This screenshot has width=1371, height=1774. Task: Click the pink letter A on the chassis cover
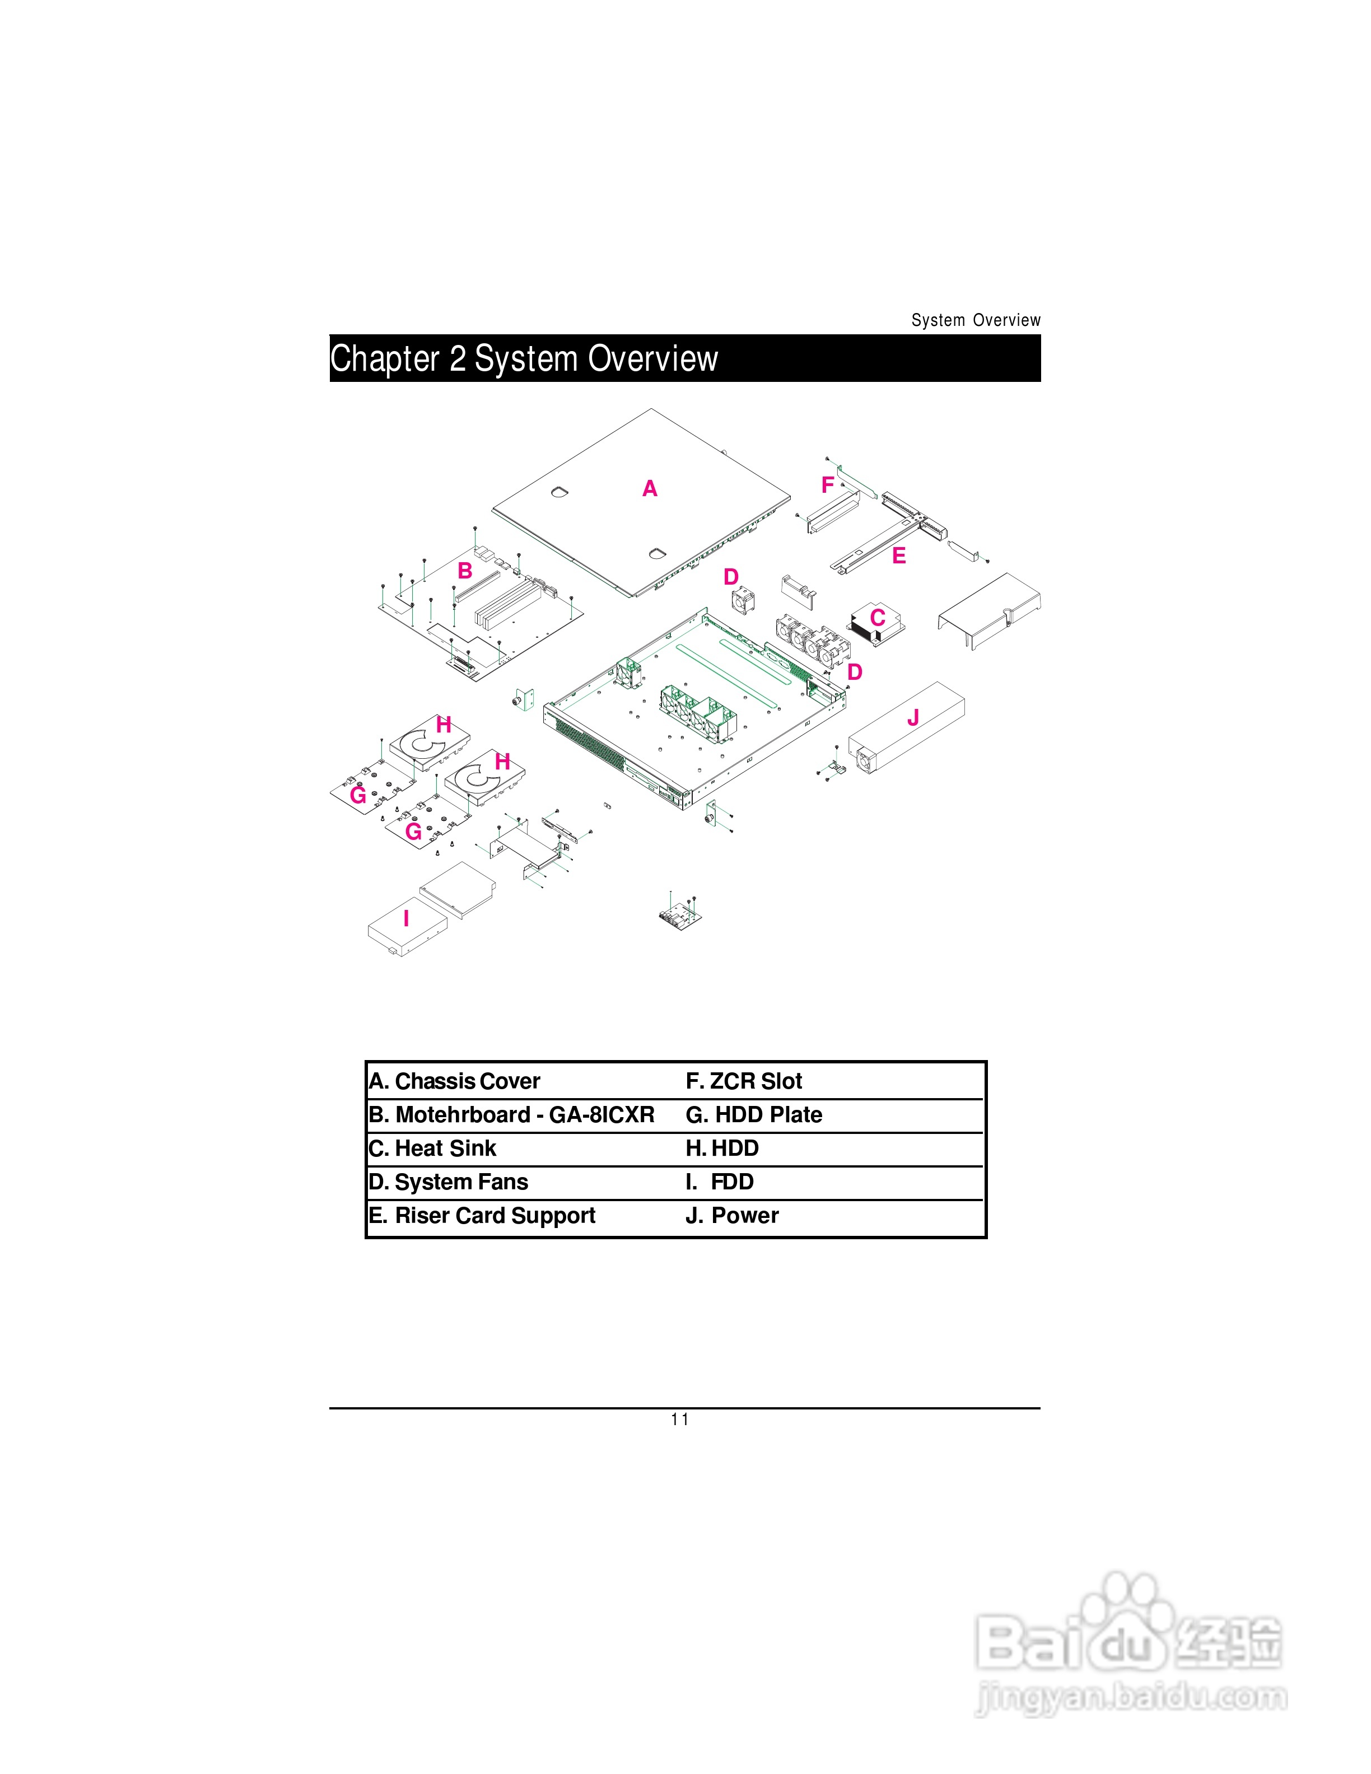tap(650, 488)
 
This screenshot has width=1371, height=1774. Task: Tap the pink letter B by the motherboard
tap(465, 571)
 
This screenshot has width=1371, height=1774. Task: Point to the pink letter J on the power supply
tap(913, 717)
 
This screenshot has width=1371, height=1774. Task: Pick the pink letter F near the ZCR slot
tap(828, 485)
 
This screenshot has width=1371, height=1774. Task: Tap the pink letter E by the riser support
tap(898, 557)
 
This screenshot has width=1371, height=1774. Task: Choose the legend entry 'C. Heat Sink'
tap(432, 1149)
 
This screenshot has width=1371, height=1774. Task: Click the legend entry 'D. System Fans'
tap(449, 1182)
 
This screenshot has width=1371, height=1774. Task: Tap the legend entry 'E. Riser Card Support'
tap(482, 1216)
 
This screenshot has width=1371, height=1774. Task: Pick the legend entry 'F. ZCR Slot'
tap(744, 1081)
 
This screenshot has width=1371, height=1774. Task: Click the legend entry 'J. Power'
tap(732, 1216)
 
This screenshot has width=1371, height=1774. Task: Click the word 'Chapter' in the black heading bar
tap(384, 358)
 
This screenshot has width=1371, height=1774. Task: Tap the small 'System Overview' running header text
tap(976, 320)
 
